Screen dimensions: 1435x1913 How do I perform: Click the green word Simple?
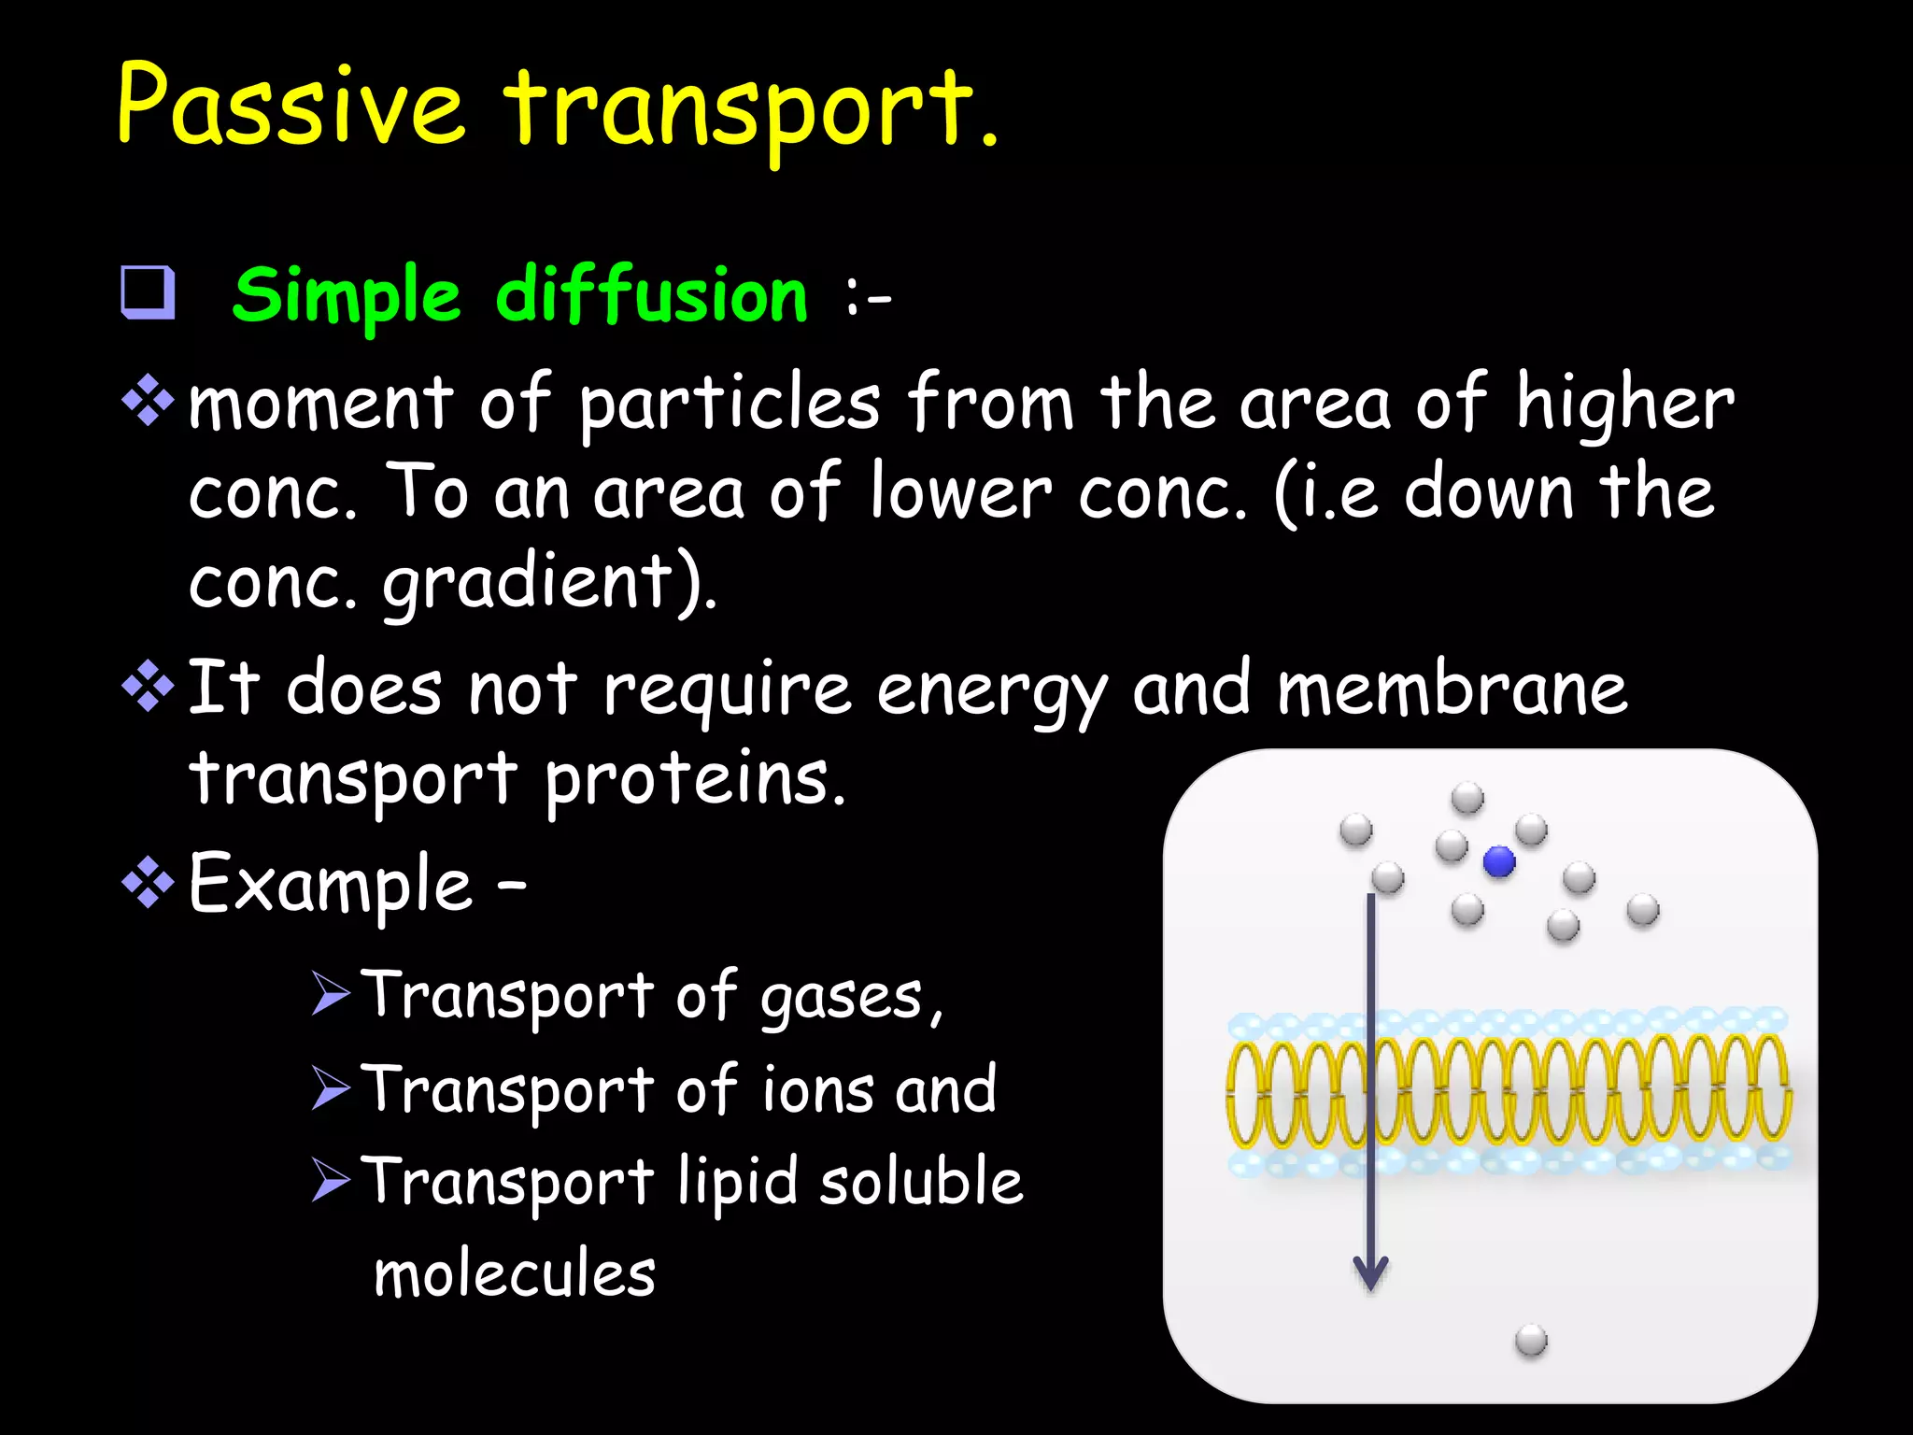tap(347, 297)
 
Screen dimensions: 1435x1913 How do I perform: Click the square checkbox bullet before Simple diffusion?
tap(148, 292)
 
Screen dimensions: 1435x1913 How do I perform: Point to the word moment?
tap(320, 405)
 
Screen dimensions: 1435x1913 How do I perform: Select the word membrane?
tap(1452, 689)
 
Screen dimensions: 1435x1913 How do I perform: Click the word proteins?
tap(695, 779)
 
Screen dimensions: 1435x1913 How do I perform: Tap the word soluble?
tap(921, 1181)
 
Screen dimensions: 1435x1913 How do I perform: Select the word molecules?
tap(515, 1274)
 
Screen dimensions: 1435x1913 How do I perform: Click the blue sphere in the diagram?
tap(1499, 861)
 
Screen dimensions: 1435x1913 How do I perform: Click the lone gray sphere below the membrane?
tap(1531, 1341)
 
